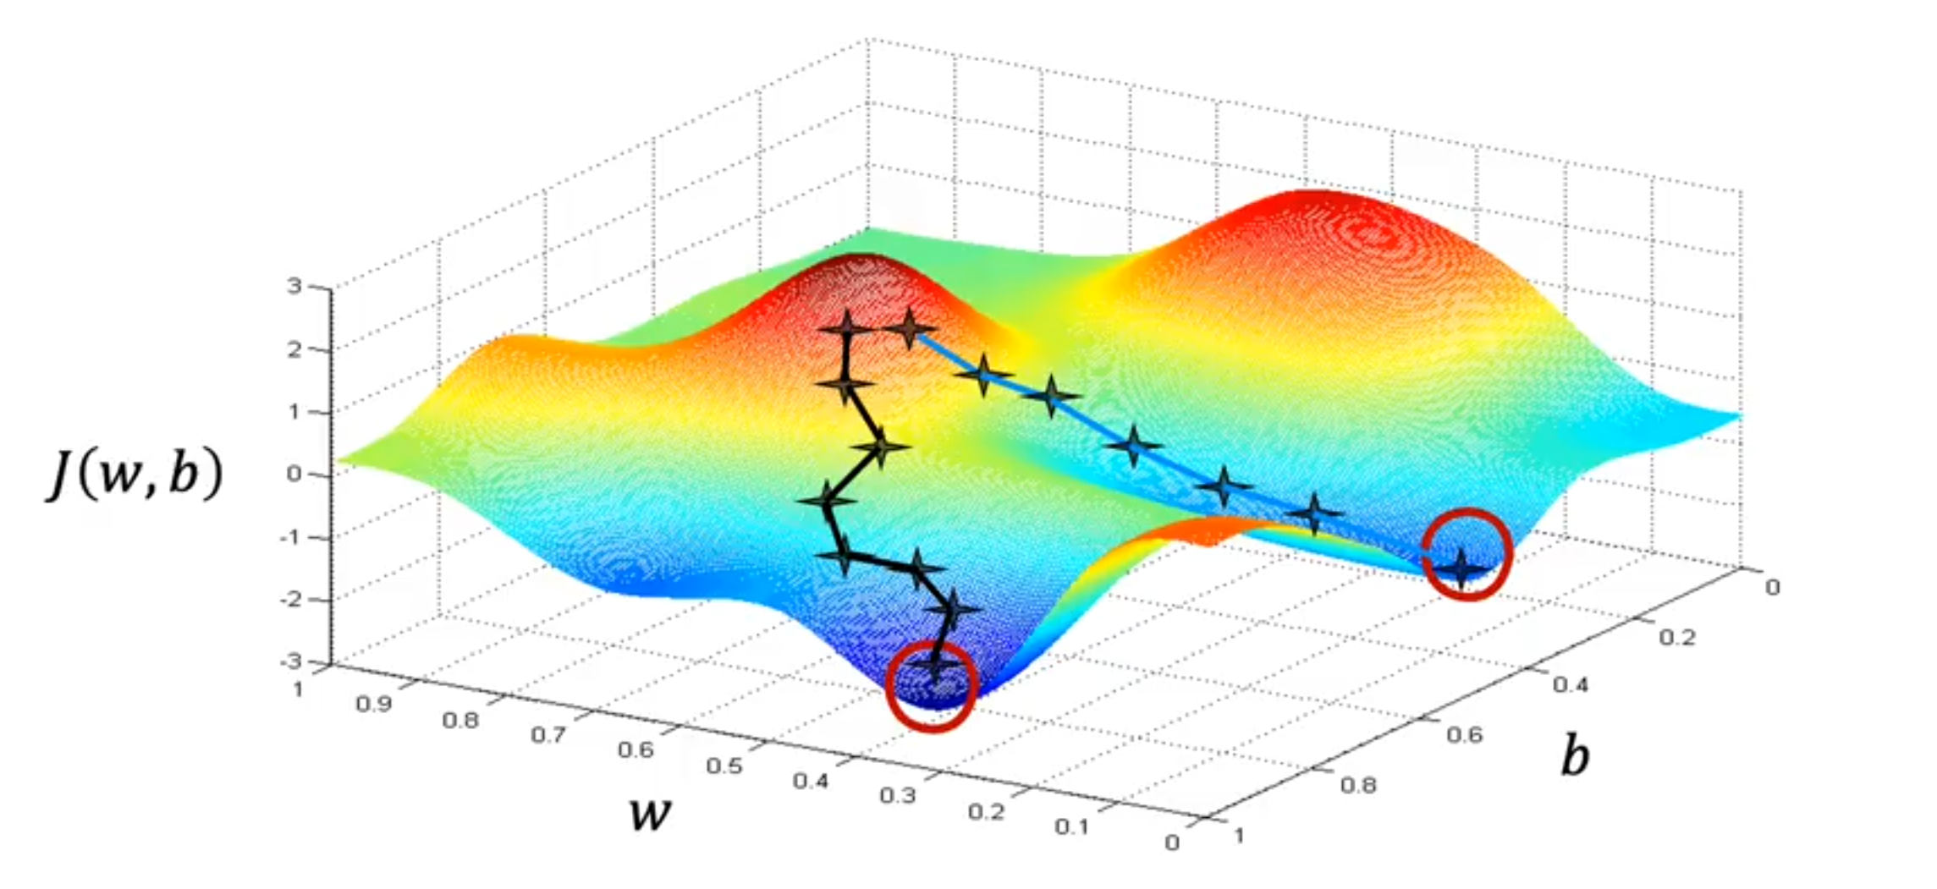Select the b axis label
pyautogui.click(x=1574, y=755)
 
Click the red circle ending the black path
pyautogui.click(x=932, y=686)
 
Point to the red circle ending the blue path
pyautogui.click(x=1467, y=555)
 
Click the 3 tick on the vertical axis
pyautogui.click(x=294, y=285)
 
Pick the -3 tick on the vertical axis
pyautogui.click(x=291, y=661)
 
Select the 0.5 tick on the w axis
pyautogui.click(x=724, y=766)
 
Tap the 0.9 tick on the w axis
pyautogui.click(x=373, y=704)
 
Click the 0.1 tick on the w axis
pyautogui.click(x=1071, y=826)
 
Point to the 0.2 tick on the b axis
pyautogui.click(x=1676, y=637)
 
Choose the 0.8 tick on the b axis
pyautogui.click(x=1358, y=785)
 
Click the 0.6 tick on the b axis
pyautogui.click(x=1464, y=734)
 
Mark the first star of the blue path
pyautogui.click(x=910, y=328)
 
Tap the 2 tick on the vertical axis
pyautogui.click(x=294, y=348)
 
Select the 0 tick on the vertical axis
pyautogui.click(x=294, y=474)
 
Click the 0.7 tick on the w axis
pyautogui.click(x=548, y=735)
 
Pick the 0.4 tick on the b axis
pyautogui.click(x=1571, y=684)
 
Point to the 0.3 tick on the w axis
pyautogui.click(x=898, y=795)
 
